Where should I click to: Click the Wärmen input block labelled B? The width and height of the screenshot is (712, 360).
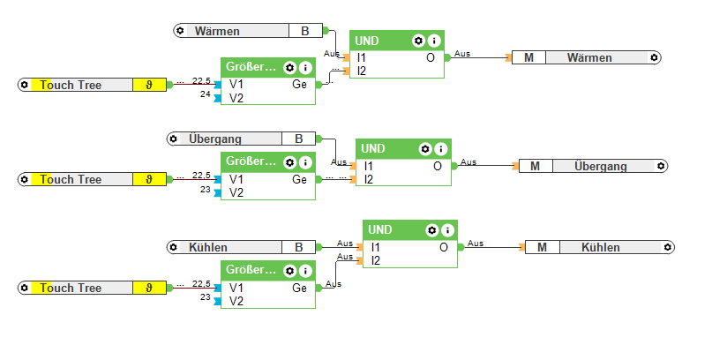click(x=238, y=31)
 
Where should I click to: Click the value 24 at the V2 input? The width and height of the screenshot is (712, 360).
click(x=205, y=94)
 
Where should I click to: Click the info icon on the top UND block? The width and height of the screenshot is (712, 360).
click(x=434, y=41)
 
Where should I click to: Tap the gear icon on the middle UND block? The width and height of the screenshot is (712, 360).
click(x=425, y=149)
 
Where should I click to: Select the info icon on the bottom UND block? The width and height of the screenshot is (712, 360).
click(x=448, y=230)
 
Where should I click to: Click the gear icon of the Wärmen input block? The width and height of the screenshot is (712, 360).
click(x=180, y=31)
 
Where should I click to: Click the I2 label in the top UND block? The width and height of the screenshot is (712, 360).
click(x=363, y=71)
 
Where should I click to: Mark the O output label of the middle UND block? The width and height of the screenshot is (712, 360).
click(x=438, y=166)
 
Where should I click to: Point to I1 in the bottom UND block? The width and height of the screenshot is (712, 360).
click(x=377, y=247)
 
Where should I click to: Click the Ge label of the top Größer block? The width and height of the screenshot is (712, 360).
click(x=300, y=85)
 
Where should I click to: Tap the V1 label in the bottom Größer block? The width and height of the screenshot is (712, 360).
click(x=236, y=288)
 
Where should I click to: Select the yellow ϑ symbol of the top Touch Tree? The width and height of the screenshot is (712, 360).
click(x=147, y=85)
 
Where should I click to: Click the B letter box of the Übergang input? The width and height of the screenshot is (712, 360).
click(x=298, y=139)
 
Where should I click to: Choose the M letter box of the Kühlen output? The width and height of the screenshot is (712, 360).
click(x=542, y=247)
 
